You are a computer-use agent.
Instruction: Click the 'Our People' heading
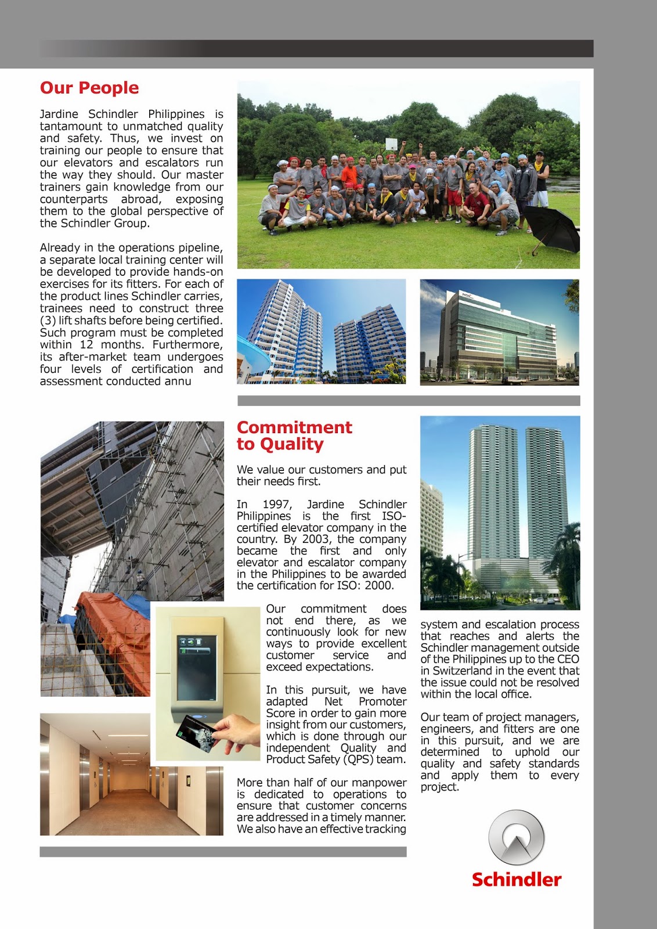(89, 88)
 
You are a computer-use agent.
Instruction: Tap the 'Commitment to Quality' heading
(294, 435)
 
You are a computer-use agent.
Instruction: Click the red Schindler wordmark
(516, 880)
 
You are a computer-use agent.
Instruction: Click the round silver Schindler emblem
(516, 838)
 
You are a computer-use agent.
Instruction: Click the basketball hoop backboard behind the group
(392, 143)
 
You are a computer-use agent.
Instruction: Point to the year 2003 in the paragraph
(316, 539)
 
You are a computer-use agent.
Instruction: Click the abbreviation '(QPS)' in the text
(358, 759)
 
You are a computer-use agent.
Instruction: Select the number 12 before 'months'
(86, 345)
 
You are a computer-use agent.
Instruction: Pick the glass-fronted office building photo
(499, 332)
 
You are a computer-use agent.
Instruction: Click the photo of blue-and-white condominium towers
(321, 332)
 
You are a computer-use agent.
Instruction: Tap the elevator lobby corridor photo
(131, 775)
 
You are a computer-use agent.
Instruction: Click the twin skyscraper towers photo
(500, 512)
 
